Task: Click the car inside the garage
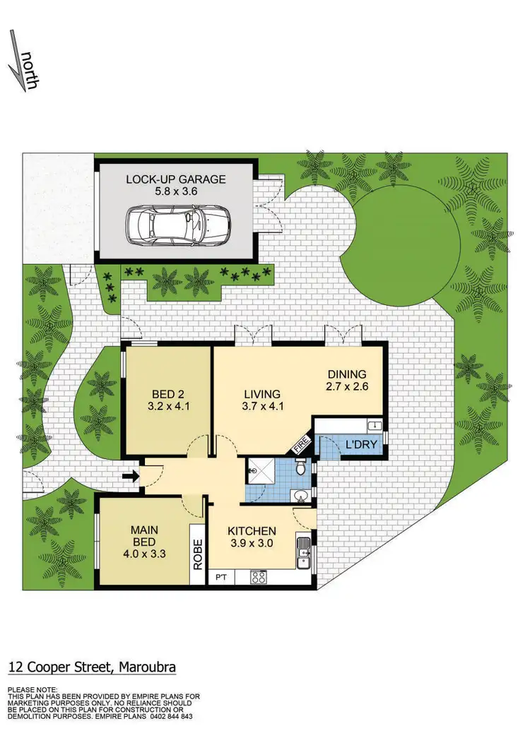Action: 178,225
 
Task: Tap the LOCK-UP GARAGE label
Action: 175,179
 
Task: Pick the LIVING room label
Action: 261,393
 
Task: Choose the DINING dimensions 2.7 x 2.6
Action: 346,386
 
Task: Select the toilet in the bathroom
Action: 301,468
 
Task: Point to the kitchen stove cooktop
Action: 259,576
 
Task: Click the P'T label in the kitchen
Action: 220,577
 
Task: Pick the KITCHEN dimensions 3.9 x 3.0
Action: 252,544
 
